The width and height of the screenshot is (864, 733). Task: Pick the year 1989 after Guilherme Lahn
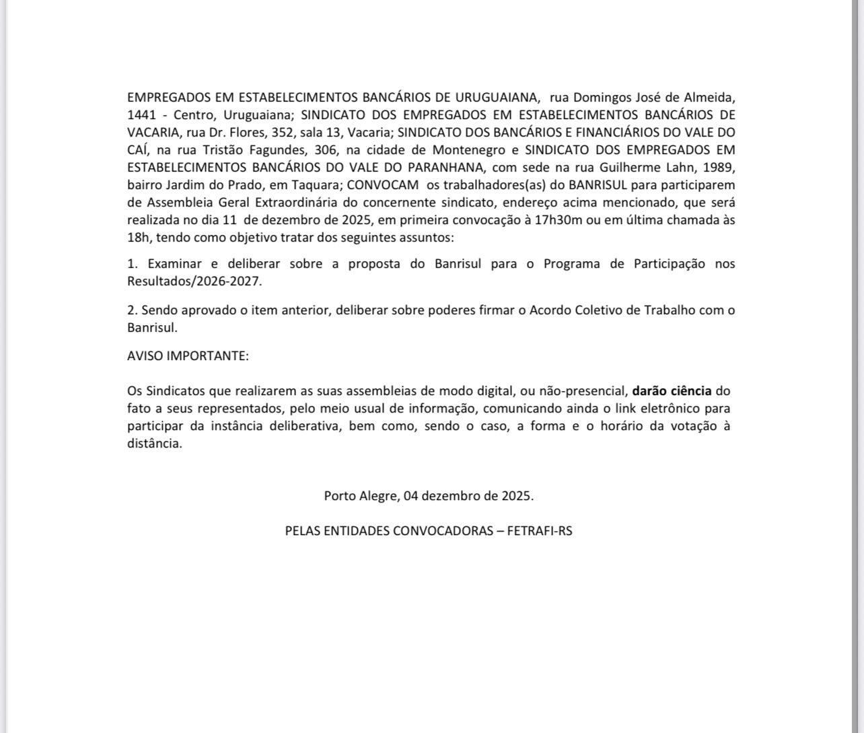point(721,167)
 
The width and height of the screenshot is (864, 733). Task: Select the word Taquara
point(316,184)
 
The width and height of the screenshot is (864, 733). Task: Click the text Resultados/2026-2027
point(193,281)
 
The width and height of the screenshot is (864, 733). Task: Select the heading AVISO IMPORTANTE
point(188,356)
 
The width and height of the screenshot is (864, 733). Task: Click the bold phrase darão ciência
point(672,390)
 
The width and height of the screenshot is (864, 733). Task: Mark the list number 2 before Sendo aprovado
point(131,310)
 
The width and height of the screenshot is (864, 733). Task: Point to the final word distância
point(154,443)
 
